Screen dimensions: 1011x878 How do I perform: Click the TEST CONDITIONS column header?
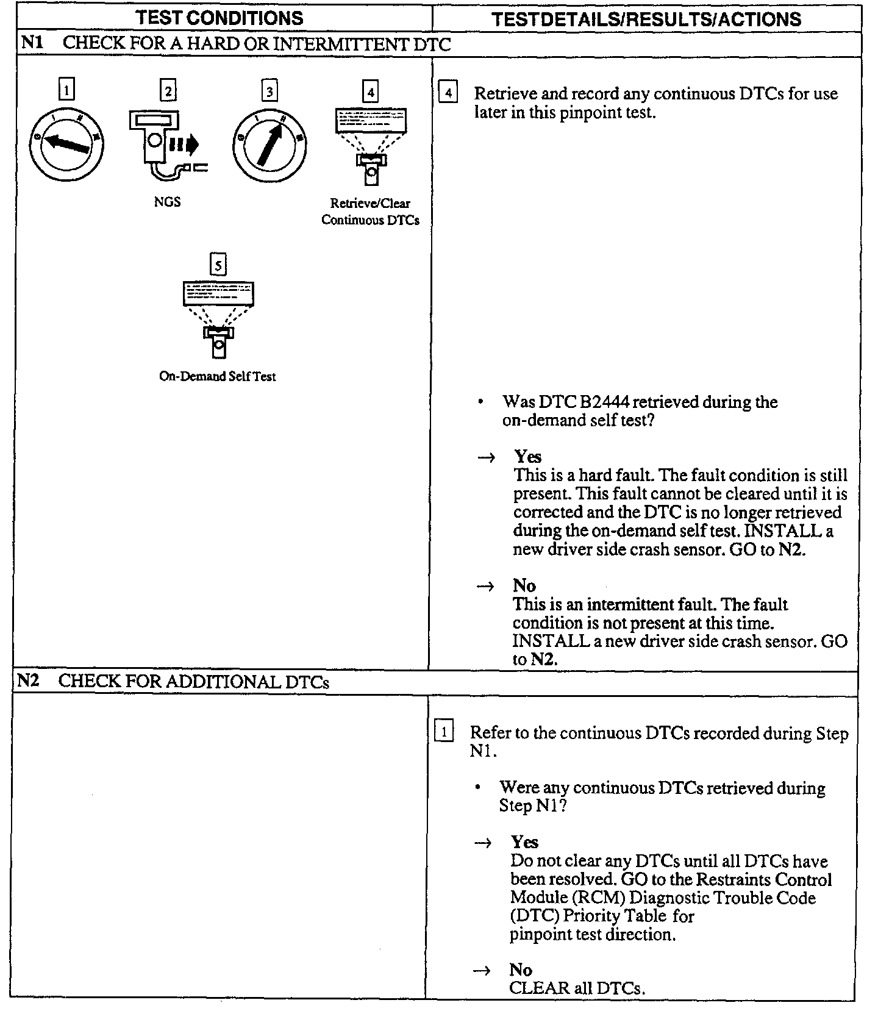tap(220, 18)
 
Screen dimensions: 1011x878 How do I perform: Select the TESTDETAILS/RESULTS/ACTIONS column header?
tap(646, 19)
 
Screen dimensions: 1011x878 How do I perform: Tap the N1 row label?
tap(31, 43)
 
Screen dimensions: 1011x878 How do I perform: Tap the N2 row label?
tap(27, 681)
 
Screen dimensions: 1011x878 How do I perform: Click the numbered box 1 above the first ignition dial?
tap(66, 90)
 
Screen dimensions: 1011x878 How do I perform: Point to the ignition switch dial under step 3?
tap(269, 145)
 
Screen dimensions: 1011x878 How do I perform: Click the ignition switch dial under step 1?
tap(66, 144)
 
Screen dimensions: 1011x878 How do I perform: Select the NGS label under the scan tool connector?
tap(167, 202)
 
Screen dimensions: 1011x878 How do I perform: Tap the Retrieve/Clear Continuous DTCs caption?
tap(370, 212)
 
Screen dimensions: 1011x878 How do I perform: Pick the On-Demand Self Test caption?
tap(218, 377)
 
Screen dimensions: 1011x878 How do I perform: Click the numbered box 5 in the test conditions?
tap(218, 265)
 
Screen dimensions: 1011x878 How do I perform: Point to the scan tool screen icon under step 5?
tap(218, 317)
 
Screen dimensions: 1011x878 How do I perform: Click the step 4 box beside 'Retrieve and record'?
tap(448, 93)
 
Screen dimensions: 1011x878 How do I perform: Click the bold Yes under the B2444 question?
tap(527, 457)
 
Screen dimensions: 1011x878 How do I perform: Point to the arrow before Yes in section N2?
tap(483, 843)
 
